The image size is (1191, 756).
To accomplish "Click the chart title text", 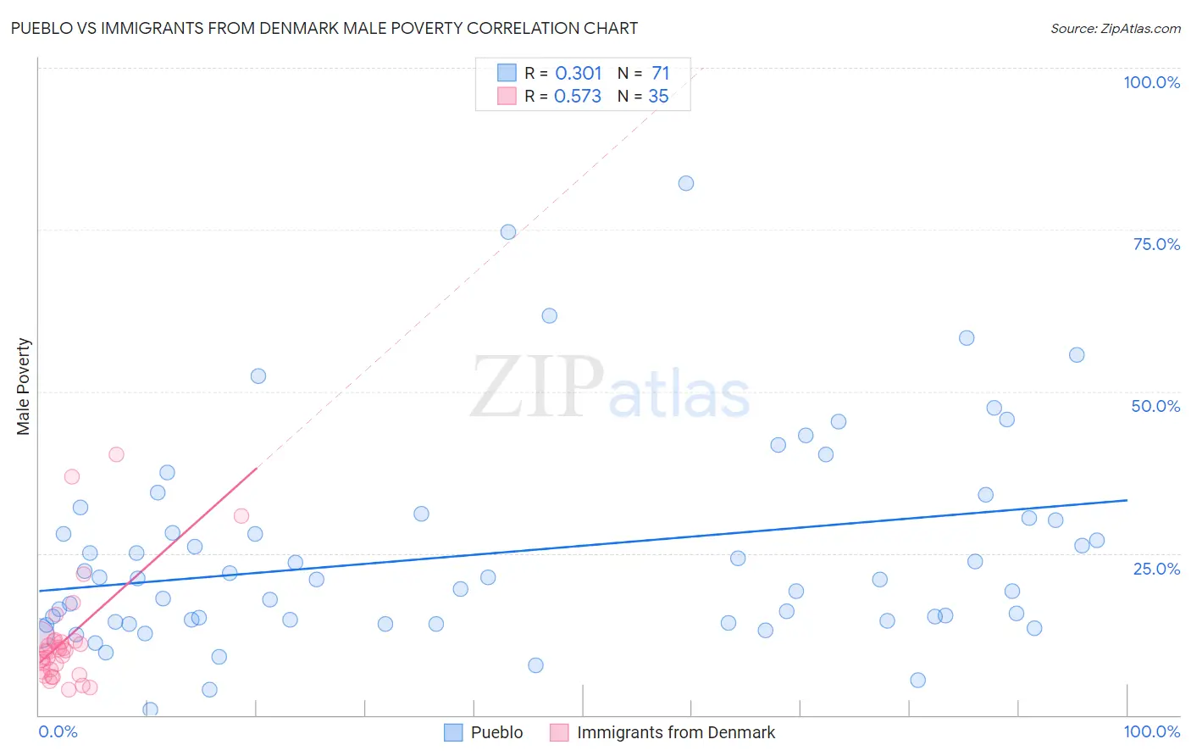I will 324,28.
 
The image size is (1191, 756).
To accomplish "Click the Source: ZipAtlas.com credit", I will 1115,28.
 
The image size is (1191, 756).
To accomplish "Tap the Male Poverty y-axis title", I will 23,386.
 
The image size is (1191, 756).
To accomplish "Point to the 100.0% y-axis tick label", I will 1151,82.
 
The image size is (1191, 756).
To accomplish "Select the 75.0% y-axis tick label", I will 1156,244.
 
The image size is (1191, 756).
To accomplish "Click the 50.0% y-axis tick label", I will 1155,406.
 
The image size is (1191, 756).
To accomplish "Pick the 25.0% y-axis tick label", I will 1156,569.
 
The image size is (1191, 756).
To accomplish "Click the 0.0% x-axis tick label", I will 58,731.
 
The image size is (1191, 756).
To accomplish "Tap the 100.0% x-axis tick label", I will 1151,731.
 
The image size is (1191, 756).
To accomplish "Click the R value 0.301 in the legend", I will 579,74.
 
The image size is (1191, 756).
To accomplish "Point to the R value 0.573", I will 578,97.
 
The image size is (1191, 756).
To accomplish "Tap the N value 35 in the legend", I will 658,97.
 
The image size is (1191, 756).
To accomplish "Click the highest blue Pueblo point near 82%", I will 686,183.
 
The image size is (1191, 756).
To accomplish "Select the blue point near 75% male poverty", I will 508,232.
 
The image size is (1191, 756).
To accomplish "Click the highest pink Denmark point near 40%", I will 116,454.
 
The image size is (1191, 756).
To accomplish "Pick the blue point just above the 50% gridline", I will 258,376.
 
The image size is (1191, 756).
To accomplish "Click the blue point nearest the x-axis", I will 150,709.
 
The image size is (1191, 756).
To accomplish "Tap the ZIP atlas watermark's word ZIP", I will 536,387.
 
